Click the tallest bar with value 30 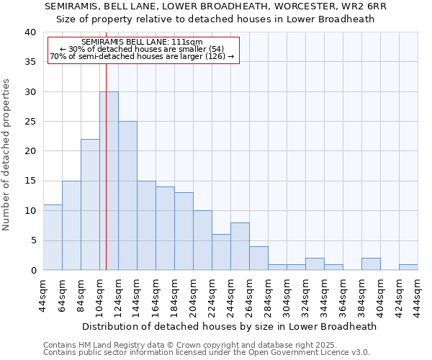(109, 181)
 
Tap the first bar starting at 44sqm (53, 237)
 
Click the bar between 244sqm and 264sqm (240, 246)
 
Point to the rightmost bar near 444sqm (408, 267)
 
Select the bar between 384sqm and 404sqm (371, 264)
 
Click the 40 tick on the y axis (30, 32)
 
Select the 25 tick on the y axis (30, 122)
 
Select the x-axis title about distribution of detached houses (230, 326)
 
